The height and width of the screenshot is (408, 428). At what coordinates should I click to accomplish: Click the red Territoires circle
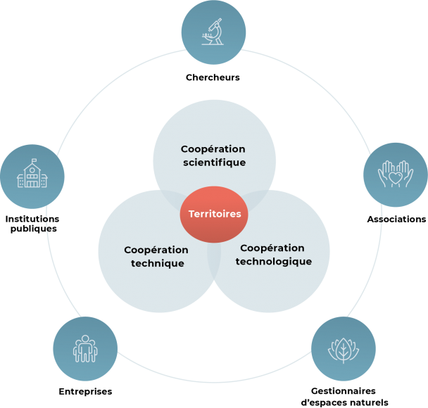tap(214, 214)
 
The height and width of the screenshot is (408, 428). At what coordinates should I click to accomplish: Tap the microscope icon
tap(213, 32)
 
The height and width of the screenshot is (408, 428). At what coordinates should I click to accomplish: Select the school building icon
tap(32, 176)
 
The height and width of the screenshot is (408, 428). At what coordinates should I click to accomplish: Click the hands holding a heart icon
tap(395, 175)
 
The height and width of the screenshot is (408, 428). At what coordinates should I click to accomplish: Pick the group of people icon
tap(85, 348)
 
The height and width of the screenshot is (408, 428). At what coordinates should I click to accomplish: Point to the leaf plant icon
tap(344, 348)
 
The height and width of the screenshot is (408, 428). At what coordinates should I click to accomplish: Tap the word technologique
tap(273, 262)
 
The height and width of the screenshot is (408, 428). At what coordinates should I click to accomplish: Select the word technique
tap(158, 263)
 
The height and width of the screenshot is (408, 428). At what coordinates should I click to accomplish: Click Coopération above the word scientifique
tap(213, 149)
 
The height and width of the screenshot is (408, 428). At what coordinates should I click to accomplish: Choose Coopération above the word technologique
tap(272, 248)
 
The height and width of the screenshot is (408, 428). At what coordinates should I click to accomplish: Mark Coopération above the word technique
tap(156, 250)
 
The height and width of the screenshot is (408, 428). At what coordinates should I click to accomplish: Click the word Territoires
tap(214, 214)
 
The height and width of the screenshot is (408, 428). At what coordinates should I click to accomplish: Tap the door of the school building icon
tap(32, 184)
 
